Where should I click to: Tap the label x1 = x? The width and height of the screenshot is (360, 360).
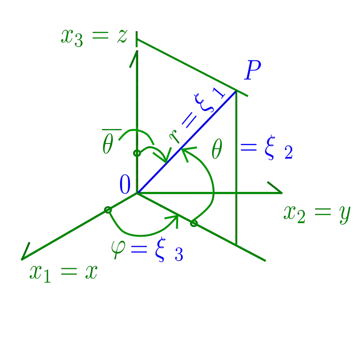63,273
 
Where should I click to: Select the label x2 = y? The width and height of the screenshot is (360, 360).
316,214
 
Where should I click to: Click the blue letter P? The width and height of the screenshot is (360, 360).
252,71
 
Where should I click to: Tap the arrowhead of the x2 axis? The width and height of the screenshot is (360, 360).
278,191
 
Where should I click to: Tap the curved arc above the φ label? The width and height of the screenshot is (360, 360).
144,234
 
